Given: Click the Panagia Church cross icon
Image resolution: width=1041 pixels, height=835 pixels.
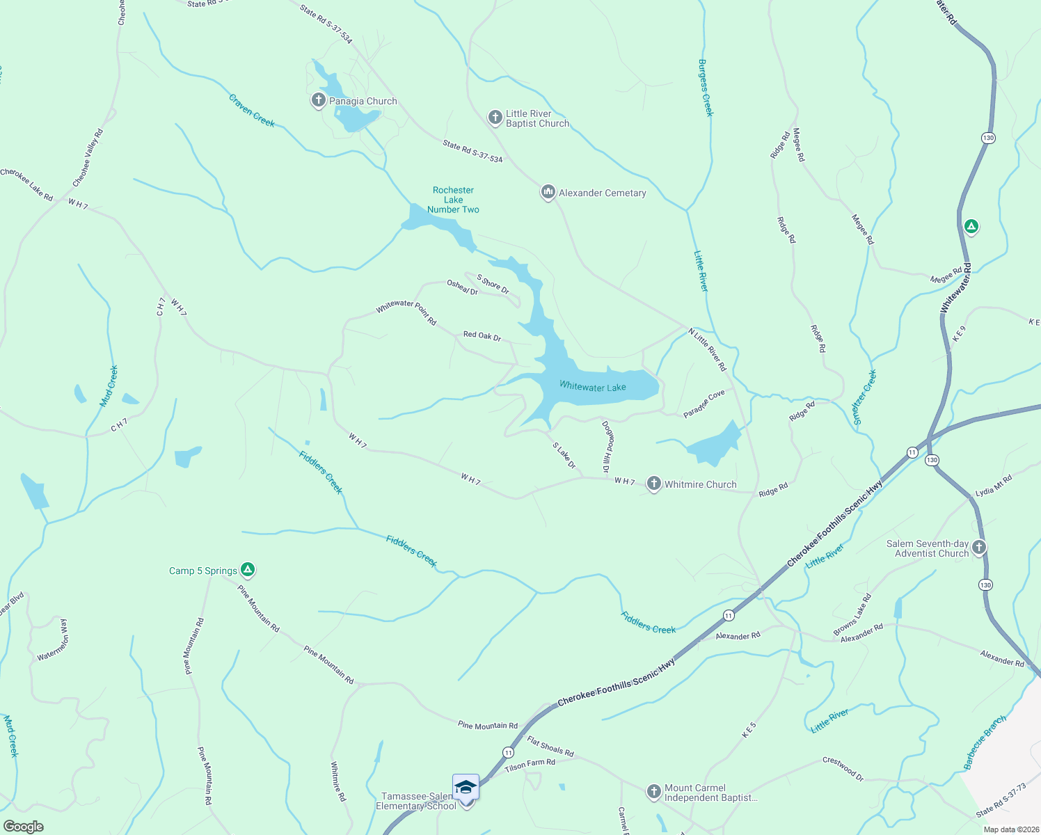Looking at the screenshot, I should (318, 100).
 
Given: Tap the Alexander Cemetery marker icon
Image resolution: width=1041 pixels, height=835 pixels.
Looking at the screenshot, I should (548, 192).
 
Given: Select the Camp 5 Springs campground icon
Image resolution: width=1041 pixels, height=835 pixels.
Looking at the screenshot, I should (247, 570).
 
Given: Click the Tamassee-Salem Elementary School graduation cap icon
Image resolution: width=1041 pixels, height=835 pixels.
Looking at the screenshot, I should (466, 787).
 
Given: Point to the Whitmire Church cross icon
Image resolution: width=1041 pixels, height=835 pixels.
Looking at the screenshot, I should (653, 484).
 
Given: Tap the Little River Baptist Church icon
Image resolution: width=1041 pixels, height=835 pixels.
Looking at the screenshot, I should (495, 117).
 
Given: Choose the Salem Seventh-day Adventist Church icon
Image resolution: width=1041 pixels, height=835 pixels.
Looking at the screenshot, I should (979, 548).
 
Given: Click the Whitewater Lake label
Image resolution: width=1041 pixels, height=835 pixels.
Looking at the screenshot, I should (592, 387).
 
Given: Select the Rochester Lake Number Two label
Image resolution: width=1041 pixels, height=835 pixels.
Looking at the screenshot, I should (453, 200).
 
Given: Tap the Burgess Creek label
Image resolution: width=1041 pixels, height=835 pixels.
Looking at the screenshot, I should (706, 88).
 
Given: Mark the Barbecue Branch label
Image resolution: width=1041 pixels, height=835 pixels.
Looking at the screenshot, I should (985, 742).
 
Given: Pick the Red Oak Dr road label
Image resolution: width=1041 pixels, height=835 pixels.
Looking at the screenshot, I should (482, 336).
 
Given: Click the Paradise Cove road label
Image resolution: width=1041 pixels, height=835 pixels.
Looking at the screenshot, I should (704, 404).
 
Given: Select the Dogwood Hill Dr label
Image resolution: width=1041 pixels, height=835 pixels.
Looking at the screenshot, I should (608, 447).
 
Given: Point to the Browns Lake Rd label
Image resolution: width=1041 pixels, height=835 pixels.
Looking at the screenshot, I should (852, 614).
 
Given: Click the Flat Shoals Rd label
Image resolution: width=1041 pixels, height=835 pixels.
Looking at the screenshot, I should (550, 747).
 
